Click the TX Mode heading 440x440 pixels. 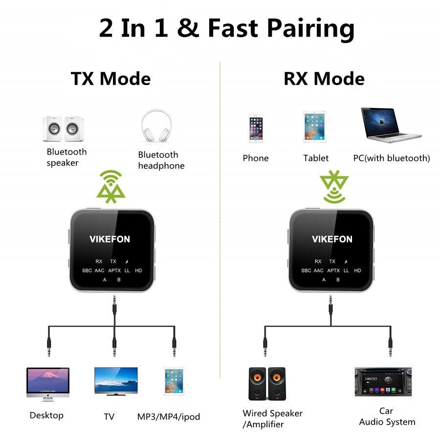(111, 79)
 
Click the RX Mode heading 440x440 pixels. (324, 79)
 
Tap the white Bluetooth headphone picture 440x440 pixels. (156, 127)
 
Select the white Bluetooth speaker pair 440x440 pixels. (63, 129)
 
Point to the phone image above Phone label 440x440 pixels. (255, 129)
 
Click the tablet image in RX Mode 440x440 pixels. (314, 127)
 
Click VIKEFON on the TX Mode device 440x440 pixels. (110, 239)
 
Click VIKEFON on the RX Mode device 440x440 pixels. (332, 239)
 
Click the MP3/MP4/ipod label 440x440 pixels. (169, 417)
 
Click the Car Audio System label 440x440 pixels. (387, 417)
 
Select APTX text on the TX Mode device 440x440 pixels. (114, 270)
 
